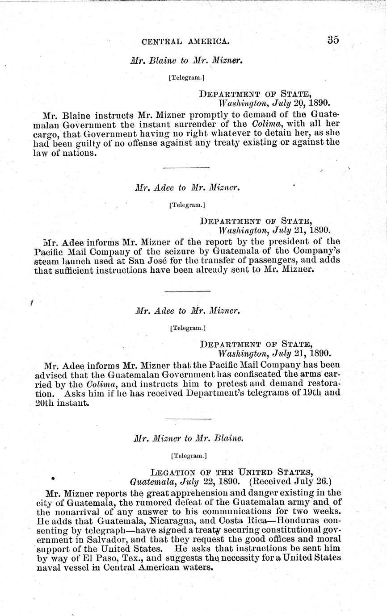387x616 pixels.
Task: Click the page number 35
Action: click(x=333, y=40)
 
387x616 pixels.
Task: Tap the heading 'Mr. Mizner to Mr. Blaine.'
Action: click(x=189, y=439)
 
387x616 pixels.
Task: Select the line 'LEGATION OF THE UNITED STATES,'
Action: click(x=231, y=472)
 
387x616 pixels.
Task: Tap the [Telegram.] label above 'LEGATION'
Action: click(x=189, y=456)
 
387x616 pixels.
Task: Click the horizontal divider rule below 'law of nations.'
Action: click(x=186, y=168)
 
